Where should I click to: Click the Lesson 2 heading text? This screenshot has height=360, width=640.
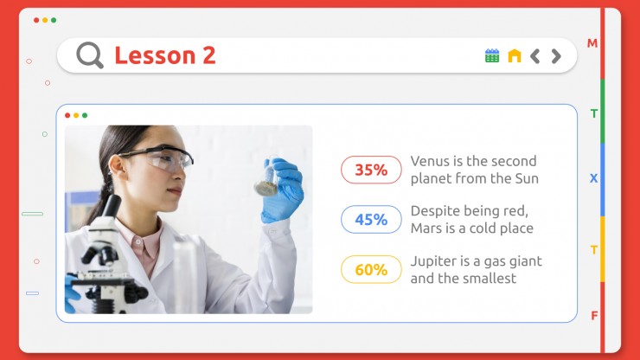165,55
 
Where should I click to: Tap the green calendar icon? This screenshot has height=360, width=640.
492,55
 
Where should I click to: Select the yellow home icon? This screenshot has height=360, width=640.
515,55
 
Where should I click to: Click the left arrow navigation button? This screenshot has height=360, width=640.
534,56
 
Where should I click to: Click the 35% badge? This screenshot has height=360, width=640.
371,170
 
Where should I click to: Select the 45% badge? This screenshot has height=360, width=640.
371,220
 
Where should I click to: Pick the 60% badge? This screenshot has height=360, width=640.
371,269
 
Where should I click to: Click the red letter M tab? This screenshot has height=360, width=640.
592,43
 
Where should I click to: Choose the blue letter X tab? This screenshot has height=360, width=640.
593,178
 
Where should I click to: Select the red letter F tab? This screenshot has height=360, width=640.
594,316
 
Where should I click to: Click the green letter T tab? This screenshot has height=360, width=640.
594,113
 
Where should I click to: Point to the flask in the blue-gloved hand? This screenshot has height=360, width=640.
267,177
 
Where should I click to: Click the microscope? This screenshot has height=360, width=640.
107,257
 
